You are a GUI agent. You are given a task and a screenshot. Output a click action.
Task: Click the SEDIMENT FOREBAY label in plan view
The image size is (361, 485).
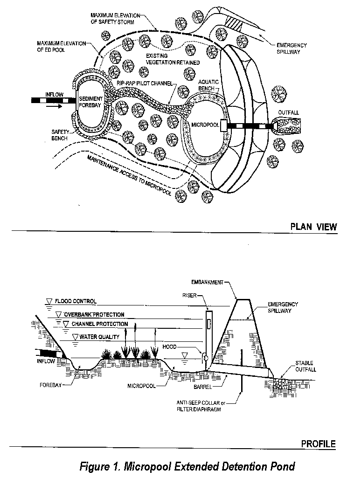coord(91,102)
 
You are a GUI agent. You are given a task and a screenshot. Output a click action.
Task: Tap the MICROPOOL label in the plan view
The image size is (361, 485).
coord(205,125)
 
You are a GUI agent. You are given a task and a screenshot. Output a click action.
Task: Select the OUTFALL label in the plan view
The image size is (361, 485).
coord(288,113)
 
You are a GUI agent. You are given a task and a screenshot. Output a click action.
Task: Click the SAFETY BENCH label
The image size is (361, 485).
coord(60,135)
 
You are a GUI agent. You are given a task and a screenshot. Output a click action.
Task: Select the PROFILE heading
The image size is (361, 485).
coord(318,443)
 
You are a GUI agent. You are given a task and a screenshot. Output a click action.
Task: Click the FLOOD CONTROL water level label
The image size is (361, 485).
coord(75,301)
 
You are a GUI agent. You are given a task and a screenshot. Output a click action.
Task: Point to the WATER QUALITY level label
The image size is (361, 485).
coord(99,336)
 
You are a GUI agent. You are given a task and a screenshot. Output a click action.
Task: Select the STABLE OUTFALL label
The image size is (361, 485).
coord(304,366)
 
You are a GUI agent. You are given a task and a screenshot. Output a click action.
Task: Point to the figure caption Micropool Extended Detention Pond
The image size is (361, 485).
coord(187,466)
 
